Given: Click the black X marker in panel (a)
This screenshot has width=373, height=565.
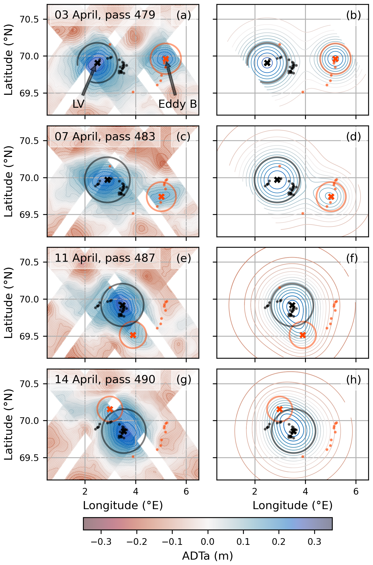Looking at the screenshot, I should pyautogui.click(x=97, y=63).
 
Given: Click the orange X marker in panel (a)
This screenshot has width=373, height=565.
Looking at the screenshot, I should pyautogui.click(x=166, y=59).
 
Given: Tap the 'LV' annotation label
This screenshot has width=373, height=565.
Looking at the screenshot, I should pyautogui.click(x=78, y=104).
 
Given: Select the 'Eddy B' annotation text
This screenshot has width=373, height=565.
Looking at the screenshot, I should pyautogui.click(x=178, y=104).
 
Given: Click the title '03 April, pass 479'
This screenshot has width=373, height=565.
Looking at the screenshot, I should pyautogui.click(x=105, y=15).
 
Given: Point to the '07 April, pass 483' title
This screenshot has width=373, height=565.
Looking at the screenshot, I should pyautogui.click(x=105, y=136).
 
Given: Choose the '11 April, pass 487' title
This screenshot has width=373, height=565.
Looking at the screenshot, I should pyautogui.click(x=105, y=258).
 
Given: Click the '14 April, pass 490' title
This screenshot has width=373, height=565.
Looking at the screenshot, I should pyautogui.click(x=105, y=379).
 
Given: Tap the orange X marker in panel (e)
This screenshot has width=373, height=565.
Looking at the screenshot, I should pyautogui.click(x=133, y=335).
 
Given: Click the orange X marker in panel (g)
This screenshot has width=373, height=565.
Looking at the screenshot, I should pyautogui.click(x=110, y=409).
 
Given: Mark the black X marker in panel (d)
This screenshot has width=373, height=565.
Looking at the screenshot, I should pyautogui.click(x=277, y=180).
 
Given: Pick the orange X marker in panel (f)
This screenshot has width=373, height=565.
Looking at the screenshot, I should pyautogui.click(x=303, y=335).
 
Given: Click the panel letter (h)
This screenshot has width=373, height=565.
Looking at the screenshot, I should pyautogui.click(x=353, y=380).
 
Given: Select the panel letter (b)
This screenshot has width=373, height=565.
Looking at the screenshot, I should pyautogui.click(x=353, y=15).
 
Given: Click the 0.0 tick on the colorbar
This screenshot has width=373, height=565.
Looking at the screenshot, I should pyautogui.click(x=208, y=542).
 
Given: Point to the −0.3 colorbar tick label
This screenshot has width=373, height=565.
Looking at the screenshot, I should pyautogui.click(x=101, y=542).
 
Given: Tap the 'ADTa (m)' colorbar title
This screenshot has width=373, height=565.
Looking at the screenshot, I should pyautogui.click(x=208, y=556).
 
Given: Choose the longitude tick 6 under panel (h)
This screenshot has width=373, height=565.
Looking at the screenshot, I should pyautogui.click(x=356, y=492).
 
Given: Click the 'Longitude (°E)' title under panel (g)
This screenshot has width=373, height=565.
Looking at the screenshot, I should pyautogui.click(x=123, y=506).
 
